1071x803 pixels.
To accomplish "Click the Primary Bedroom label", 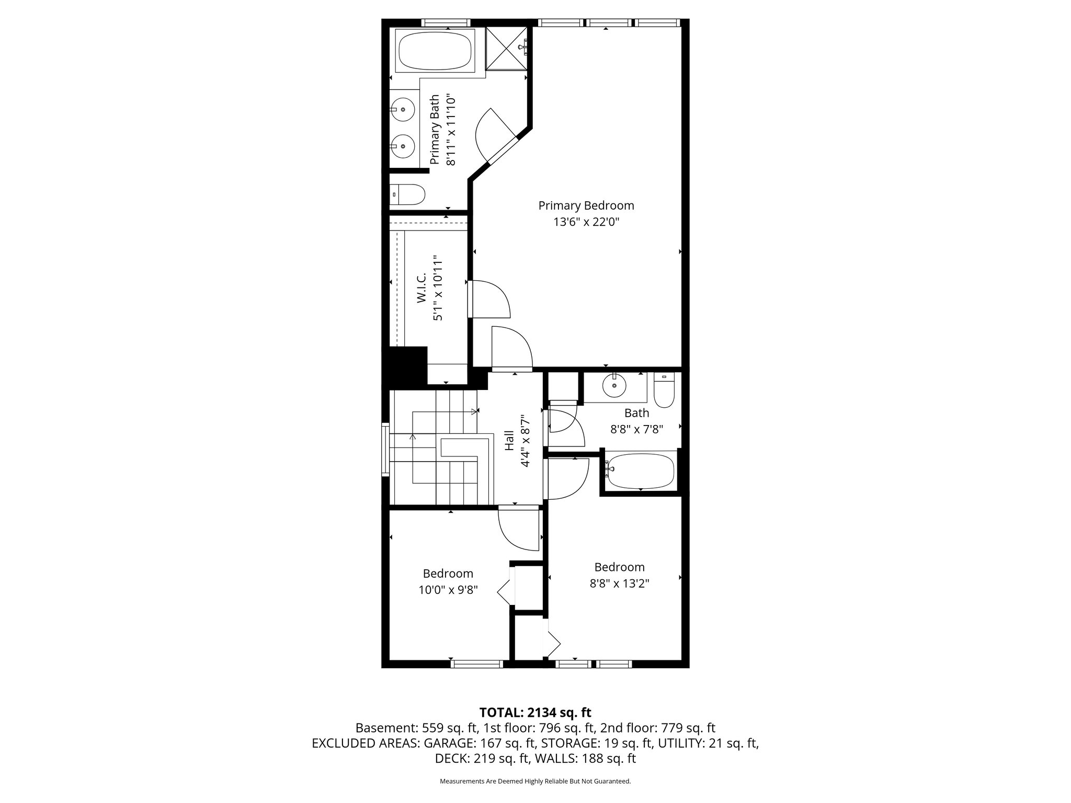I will [x=586, y=205].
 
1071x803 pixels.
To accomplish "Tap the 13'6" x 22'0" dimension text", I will [x=586, y=222].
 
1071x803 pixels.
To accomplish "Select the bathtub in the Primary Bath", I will [x=435, y=51].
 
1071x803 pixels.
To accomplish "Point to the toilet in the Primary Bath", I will [x=409, y=194].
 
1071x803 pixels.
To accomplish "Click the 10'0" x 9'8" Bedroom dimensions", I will [x=448, y=590].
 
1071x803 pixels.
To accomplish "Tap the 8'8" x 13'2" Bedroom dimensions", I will [x=619, y=583].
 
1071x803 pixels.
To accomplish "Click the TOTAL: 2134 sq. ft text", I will [x=535, y=712].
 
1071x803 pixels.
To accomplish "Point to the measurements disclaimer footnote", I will [x=535, y=781].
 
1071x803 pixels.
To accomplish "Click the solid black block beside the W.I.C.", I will [x=405, y=366].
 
